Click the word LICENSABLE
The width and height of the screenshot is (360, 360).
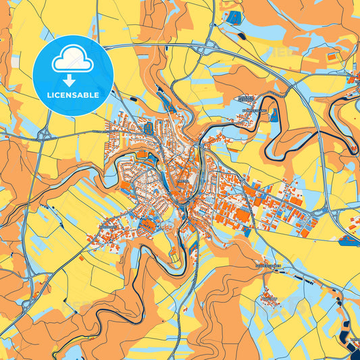[73, 95]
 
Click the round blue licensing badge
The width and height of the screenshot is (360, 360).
[73, 75]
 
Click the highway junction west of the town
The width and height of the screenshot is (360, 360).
[45, 134]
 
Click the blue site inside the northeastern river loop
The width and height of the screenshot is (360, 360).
[274, 115]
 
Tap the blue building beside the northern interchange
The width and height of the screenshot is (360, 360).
[234, 16]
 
